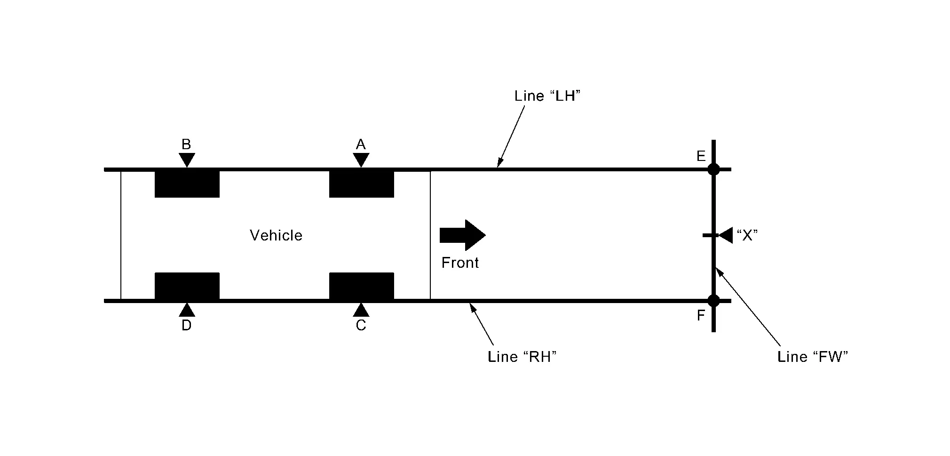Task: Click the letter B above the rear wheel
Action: pos(186,144)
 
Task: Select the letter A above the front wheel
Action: pos(361,144)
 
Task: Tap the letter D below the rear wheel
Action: pos(186,325)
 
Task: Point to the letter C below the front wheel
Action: pos(361,325)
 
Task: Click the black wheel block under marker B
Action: pos(187,184)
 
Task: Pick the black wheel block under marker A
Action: pos(362,184)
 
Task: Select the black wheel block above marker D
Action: pos(187,286)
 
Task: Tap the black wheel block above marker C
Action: pos(362,286)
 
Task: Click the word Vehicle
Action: pos(276,235)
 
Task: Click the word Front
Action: pos(460,263)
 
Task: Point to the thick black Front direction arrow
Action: pos(463,235)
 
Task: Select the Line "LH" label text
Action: pos(547,96)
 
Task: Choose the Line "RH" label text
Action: pos(522,357)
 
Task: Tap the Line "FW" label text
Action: pos(813,357)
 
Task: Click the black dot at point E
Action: pos(713,169)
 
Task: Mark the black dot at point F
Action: pos(713,300)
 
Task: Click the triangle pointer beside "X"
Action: pos(726,235)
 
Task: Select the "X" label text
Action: pos(747,235)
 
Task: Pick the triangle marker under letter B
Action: pos(187,160)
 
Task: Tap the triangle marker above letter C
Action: pos(361,310)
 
